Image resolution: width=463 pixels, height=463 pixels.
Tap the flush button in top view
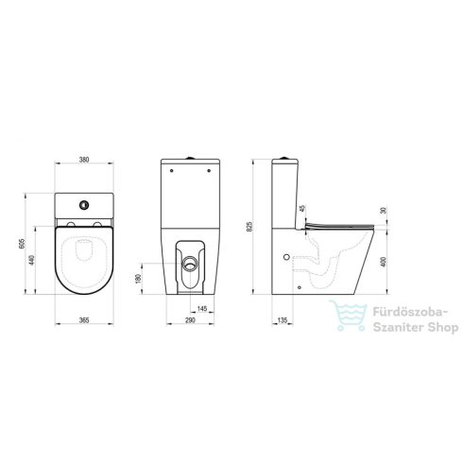(85, 204)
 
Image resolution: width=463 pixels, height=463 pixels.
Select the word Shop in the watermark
(438, 328)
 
